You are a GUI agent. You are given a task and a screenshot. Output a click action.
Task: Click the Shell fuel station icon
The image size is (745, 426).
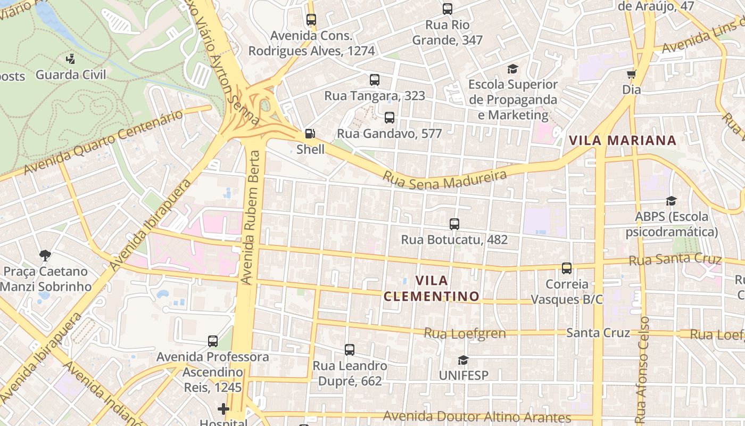pos(310,134)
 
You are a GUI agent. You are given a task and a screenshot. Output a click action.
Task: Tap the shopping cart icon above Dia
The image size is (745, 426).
pos(631,74)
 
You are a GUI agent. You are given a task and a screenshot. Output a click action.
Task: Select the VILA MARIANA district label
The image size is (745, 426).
pos(622,141)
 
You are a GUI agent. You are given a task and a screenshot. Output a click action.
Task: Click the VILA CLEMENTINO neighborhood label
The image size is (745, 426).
pos(431,288)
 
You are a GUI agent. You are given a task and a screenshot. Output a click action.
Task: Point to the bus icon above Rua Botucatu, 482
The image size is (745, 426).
pos(454,224)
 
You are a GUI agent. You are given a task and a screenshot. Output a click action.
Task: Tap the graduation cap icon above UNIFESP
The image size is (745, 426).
pos(463,360)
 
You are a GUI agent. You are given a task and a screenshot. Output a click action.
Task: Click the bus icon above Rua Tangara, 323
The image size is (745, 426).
pos(375,80)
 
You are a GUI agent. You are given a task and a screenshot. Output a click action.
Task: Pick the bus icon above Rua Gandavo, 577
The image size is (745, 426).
pos(390,118)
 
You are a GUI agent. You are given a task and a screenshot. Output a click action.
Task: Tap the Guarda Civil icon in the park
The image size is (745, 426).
pos(70,59)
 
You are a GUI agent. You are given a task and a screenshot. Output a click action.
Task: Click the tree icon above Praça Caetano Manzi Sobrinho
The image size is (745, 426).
pos(45,256)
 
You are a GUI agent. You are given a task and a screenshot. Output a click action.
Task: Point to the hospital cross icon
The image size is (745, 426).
pos(223,409)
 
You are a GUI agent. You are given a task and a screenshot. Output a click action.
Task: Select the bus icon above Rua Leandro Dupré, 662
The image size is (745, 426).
pos(350,350)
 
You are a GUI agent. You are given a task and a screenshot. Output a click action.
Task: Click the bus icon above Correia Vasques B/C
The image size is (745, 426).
pos(567,268)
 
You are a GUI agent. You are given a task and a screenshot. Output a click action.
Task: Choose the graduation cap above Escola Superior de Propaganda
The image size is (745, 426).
pos(512,69)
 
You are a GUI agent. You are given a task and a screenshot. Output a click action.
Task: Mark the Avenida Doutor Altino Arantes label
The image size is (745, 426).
pos(477,416)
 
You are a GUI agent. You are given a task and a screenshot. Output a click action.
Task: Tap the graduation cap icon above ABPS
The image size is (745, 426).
pos(671,201)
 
